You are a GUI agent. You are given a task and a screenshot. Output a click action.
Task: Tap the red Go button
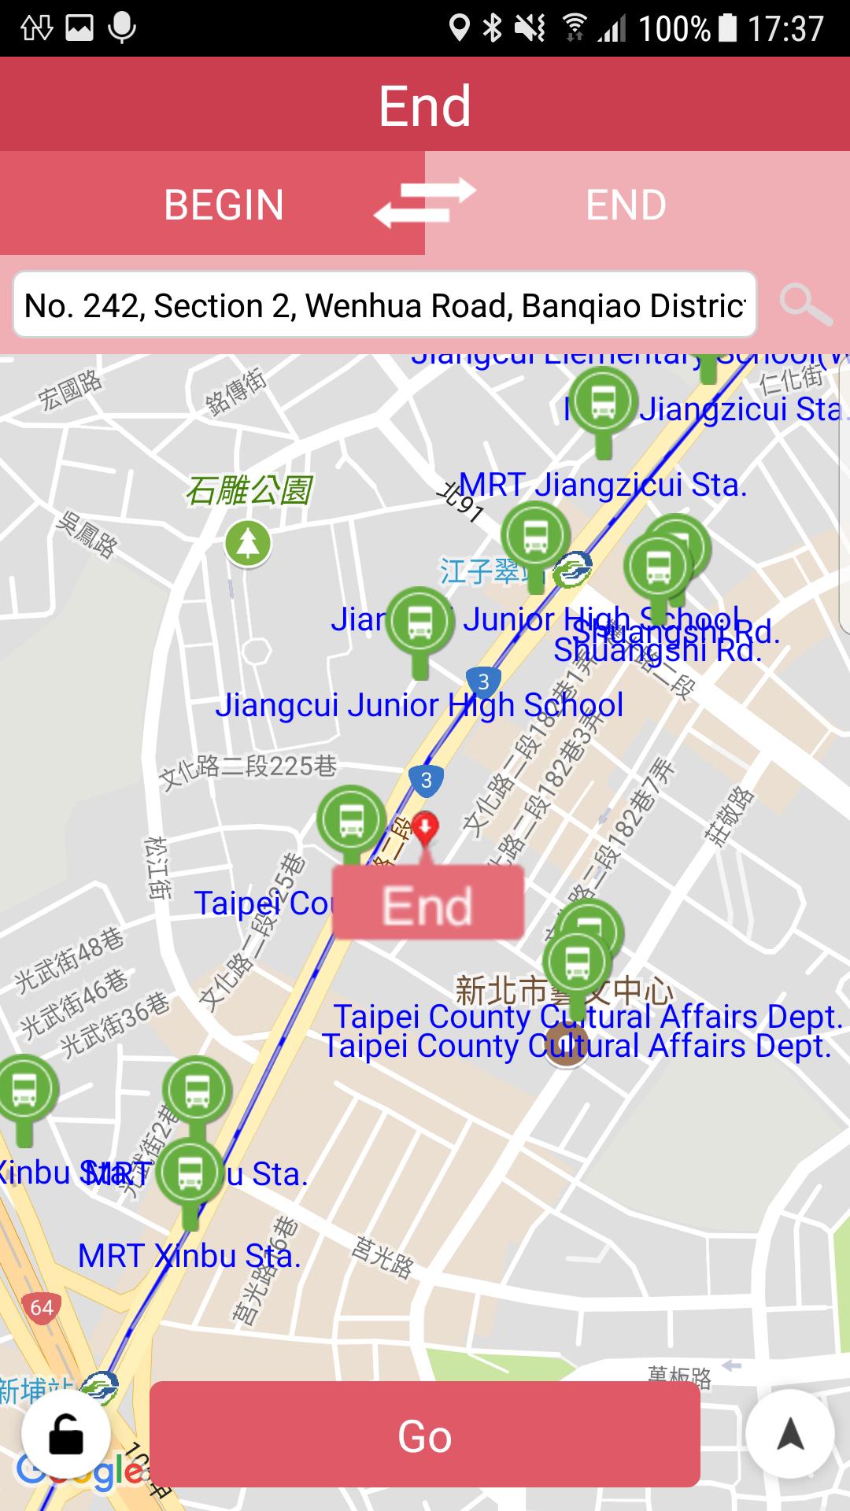coord(424,1435)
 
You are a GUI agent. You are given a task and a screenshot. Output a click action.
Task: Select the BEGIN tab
coord(224,205)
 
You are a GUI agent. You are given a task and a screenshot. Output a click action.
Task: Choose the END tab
coord(626,205)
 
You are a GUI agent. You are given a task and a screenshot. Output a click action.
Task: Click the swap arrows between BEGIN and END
coord(425,203)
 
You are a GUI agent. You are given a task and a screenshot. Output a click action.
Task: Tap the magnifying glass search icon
coord(805,305)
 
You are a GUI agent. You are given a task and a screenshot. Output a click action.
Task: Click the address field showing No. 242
coord(384,305)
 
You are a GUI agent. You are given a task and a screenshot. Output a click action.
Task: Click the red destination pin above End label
coord(426,829)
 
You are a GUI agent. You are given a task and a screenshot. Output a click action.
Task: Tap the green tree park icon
coord(248,543)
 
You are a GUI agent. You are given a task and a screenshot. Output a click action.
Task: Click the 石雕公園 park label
coord(249,490)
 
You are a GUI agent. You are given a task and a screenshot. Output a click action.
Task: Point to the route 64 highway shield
coord(42,1308)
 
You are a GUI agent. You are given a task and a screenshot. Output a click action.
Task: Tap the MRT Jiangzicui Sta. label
coord(603,485)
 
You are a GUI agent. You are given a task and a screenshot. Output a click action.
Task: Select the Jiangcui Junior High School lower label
coord(419,705)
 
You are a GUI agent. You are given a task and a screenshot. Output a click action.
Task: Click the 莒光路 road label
coord(382,1258)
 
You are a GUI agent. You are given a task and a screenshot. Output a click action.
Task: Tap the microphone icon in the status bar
coord(121,28)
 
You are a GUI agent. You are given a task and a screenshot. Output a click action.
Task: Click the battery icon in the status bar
coord(728,28)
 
